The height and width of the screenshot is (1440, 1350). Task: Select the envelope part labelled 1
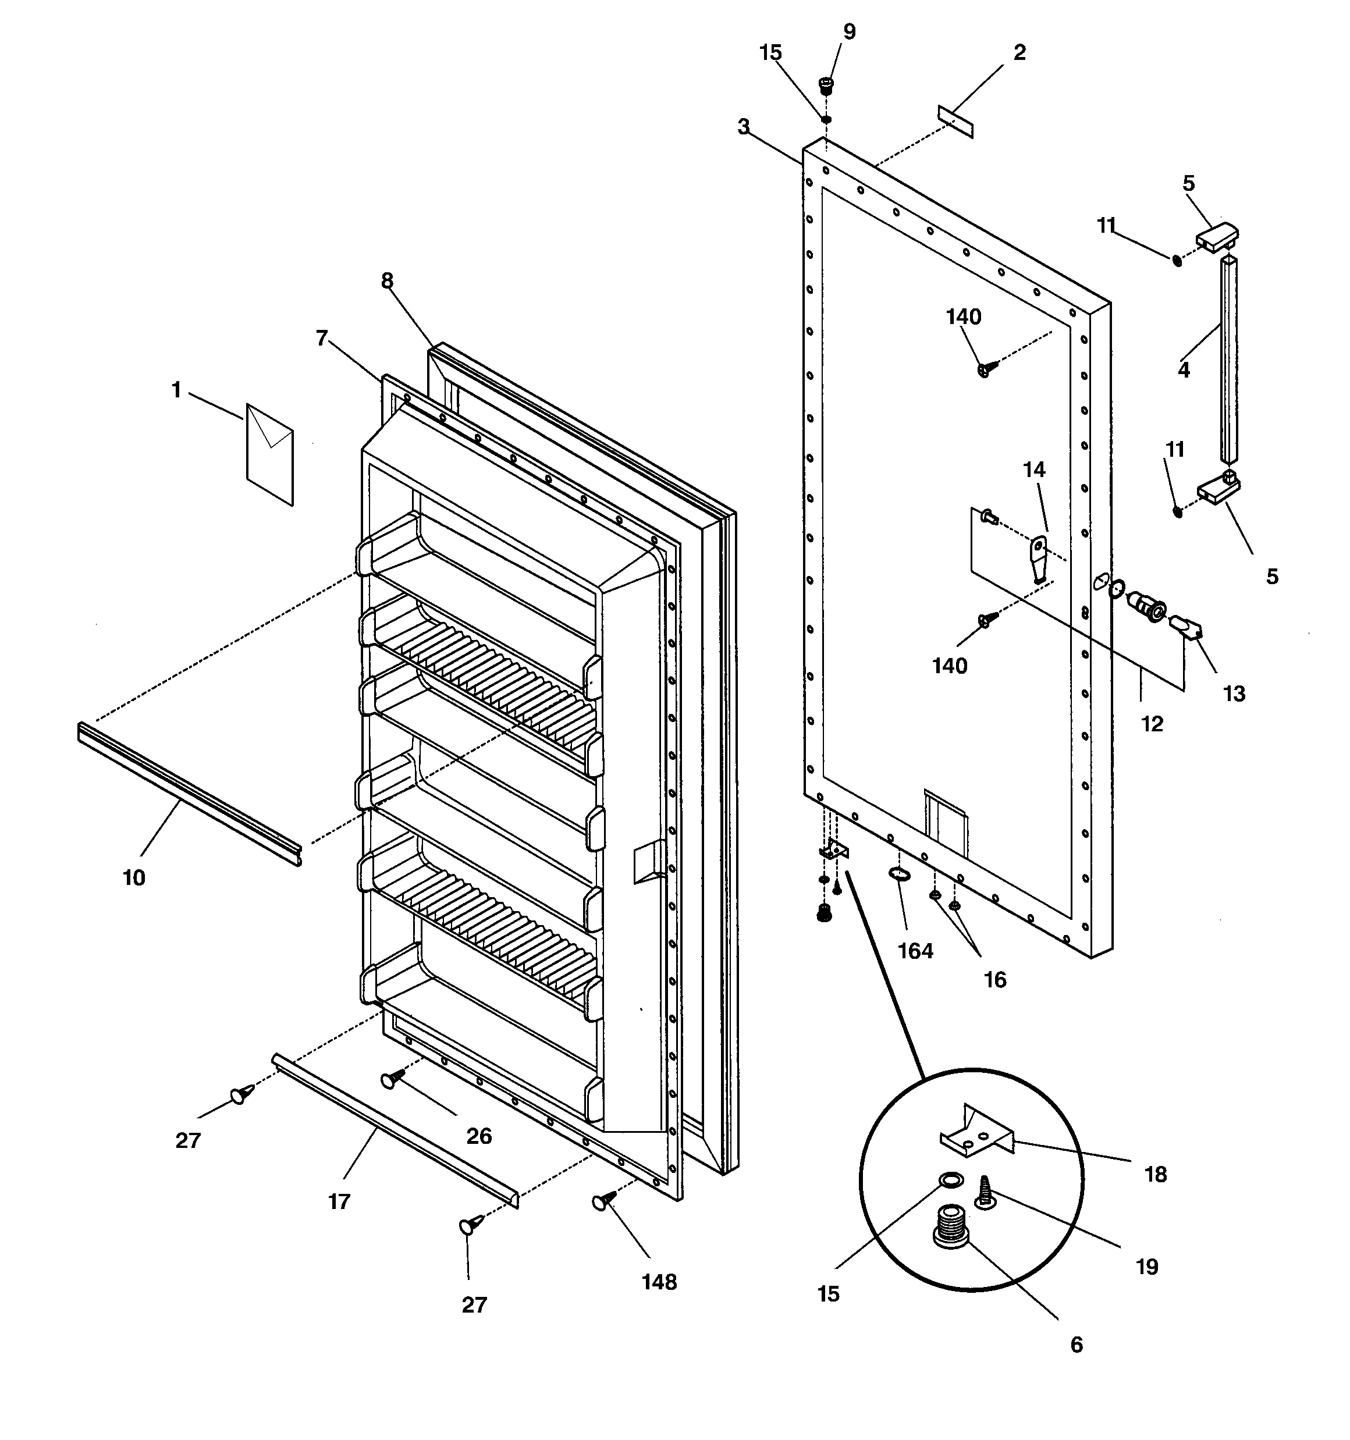[269, 453]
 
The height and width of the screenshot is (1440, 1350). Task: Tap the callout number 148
[659, 1282]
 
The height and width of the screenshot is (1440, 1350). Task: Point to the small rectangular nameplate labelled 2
[955, 121]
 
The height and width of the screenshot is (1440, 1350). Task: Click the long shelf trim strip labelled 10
[189, 794]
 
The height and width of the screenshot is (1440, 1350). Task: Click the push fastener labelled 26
[392, 1080]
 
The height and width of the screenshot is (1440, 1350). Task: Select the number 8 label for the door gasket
[387, 280]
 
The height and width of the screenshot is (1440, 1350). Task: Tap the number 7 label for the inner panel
[322, 337]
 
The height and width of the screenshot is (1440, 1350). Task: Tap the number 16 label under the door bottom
[995, 979]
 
